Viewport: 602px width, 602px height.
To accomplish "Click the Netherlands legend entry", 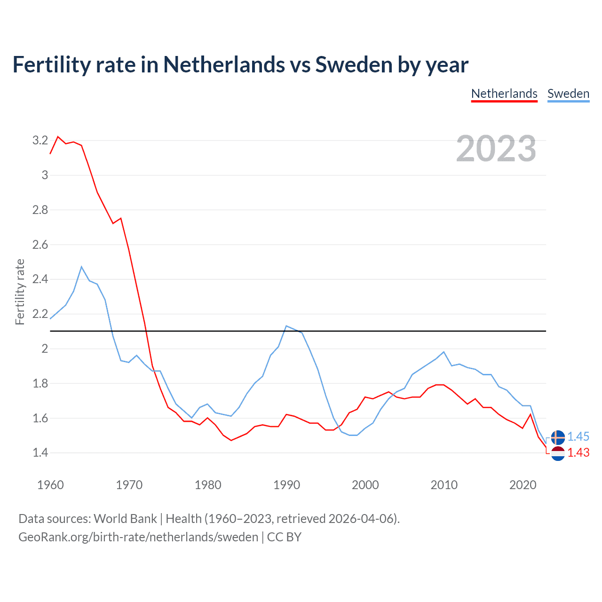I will [504, 94].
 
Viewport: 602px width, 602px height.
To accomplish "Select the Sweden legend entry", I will [568, 94].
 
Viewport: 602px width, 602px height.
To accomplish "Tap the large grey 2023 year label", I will [496, 149].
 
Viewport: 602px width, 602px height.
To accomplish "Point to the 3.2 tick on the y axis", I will [40, 140].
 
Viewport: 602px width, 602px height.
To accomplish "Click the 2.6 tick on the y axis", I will [40, 245].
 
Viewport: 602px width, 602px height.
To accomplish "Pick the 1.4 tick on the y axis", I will [40, 453].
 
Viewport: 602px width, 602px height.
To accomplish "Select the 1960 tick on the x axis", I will [50, 485].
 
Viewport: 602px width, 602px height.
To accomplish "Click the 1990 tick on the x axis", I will [286, 485].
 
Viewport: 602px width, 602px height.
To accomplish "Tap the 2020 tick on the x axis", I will [523, 485].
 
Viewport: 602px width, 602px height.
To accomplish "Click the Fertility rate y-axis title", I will [20, 292].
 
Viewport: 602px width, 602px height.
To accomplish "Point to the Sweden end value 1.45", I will [578, 436].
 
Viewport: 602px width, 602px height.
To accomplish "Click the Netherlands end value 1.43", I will [578, 452].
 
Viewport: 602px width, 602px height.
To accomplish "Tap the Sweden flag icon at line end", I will [558, 437].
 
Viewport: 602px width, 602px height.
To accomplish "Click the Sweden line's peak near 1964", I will [82, 267].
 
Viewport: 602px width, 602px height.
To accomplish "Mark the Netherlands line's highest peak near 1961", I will [58, 137].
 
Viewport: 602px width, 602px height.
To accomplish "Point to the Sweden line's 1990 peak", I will [286, 325].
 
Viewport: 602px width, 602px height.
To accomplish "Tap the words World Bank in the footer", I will [125, 518].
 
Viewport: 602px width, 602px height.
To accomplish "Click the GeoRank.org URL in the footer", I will [138, 537].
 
